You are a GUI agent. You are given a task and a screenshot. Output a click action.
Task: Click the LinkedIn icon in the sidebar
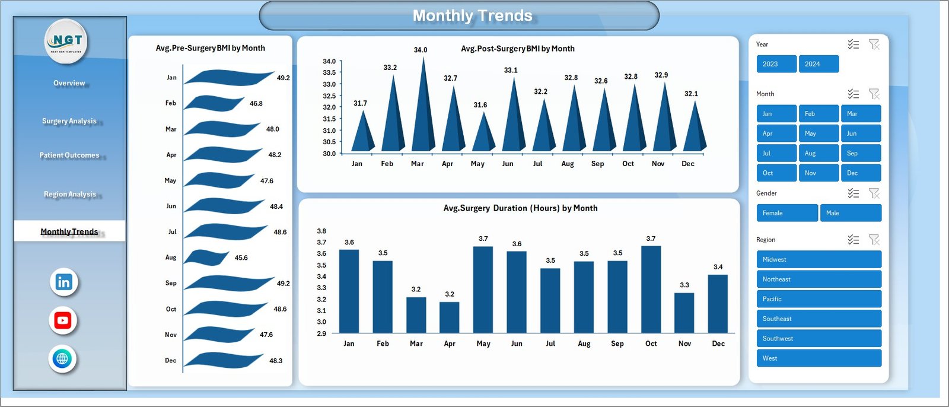(x=63, y=282)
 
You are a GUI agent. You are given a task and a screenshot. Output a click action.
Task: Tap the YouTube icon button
(x=63, y=320)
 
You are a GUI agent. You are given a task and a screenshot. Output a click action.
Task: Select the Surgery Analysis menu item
(x=69, y=121)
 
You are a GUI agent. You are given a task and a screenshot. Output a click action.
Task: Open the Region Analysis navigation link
(x=69, y=194)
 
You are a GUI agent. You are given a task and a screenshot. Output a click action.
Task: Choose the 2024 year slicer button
(x=819, y=64)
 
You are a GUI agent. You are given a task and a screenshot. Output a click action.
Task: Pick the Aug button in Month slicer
(x=819, y=153)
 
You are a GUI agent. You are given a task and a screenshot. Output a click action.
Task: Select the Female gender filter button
(x=786, y=213)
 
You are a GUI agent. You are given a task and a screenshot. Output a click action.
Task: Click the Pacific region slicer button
(x=819, y=299)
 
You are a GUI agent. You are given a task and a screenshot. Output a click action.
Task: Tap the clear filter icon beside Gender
(x=874, y=193)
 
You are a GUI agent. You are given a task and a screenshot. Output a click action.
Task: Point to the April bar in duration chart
(x=450, y=317)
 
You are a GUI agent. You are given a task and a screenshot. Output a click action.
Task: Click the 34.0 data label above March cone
(x=421, y=50)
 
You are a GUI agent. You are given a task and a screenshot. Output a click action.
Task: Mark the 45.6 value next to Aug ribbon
(x=241, y=258)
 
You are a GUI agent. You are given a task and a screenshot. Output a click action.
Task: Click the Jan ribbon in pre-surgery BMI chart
(x=228, y=78)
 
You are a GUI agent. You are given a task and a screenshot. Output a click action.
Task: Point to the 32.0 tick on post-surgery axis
(x=329, y=107)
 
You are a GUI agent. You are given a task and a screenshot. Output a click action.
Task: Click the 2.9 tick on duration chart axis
(x=321, y=333)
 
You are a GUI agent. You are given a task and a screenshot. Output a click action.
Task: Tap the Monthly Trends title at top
(x=472, y=15)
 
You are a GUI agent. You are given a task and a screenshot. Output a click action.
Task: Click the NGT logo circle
(x=66, y=41)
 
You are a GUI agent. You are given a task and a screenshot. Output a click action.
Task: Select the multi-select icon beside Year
(x=853, y=44)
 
